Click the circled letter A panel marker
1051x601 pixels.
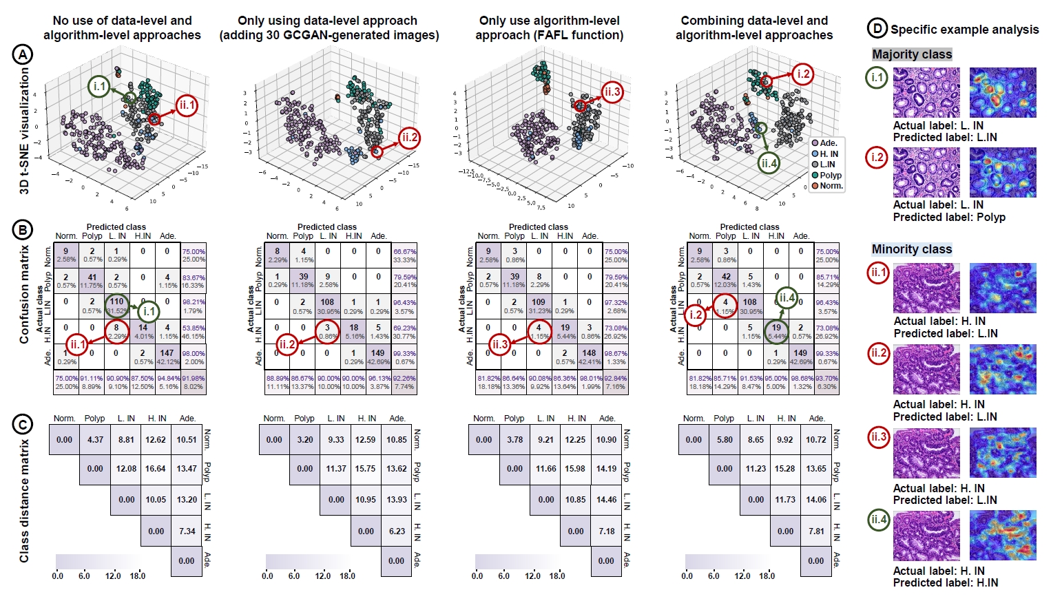[x=23, y=54]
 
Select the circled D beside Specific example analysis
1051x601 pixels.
[x=877, y=28]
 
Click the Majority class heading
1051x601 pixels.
[x=912, y=54]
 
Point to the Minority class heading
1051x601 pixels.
[x=912, y=249]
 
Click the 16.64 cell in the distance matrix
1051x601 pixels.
[x=156, y=469]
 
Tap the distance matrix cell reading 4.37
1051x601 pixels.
[x=95, y=440]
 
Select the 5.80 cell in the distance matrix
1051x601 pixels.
[x=725, y=440]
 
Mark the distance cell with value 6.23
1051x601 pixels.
[x=397, y=531]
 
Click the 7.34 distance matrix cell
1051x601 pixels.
[x=187, y=531]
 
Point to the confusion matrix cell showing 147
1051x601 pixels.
[x=167, y=355]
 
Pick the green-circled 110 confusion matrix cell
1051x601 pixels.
[x=117, y=304]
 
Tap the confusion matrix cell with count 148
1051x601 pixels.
[x=589, y=355]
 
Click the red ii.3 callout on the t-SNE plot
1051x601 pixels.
[x=612, y=92]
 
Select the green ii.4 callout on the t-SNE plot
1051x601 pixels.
[x=769, y=163]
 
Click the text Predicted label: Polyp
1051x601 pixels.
[x=949, y=218]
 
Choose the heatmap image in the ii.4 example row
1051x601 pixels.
[x=1003, y=534]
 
